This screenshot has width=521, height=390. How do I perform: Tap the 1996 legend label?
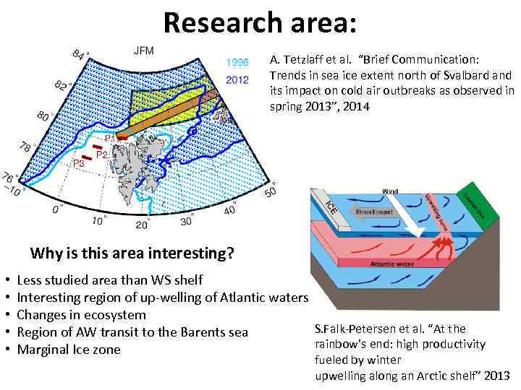239,62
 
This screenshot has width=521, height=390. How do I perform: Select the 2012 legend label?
239,79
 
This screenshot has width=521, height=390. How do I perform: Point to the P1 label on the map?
109,137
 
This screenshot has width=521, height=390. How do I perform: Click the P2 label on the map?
102,155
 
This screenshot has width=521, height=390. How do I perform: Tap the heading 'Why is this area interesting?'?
132,253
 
